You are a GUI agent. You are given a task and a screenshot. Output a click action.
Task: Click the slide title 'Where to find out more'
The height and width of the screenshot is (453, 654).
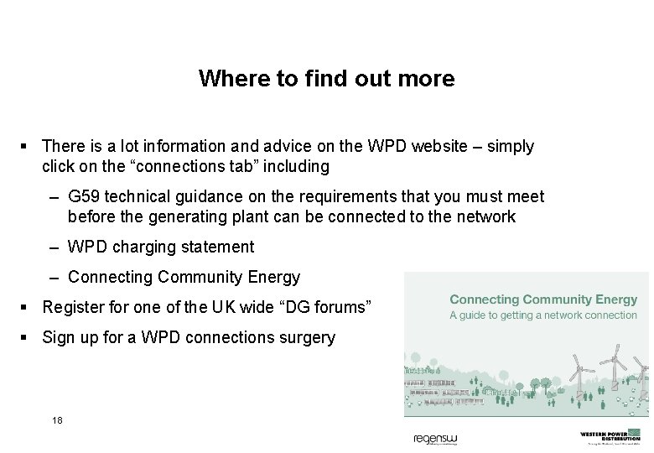(x=326, y=79)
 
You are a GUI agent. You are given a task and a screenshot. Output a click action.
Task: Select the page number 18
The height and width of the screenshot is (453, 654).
(x=57, y=419)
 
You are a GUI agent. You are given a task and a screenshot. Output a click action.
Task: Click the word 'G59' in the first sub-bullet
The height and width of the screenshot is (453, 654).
(x=83, y=196)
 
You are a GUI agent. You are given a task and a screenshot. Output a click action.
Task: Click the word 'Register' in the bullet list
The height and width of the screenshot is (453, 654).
(x=72, y=307)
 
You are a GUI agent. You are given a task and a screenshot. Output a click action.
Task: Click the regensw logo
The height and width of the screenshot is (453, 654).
(x=435, y=439)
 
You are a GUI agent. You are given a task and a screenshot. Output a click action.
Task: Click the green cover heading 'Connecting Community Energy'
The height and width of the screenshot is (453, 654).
(x=543, y=299)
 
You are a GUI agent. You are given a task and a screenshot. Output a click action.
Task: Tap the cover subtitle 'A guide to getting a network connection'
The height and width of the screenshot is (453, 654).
(x=543, y=315)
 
